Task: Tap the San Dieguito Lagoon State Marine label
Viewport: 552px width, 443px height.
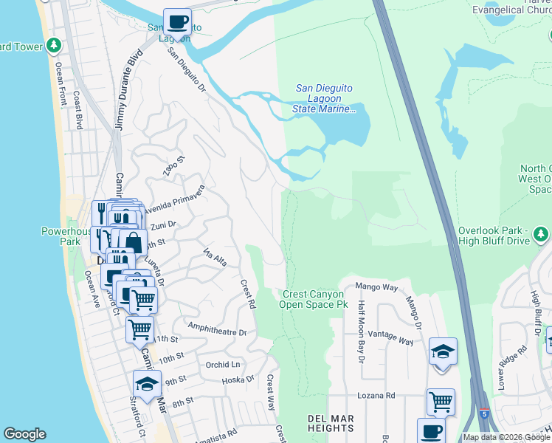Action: (x=324, y=98)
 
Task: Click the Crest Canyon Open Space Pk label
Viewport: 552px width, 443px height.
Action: (x=314, y=299)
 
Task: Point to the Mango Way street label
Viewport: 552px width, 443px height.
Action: (x=376, y=286)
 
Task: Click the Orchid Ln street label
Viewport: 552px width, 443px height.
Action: (x=223, y=365)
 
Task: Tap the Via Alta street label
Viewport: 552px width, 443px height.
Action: (x=214, y=258)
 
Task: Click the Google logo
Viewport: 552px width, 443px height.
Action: (x=24, y=434)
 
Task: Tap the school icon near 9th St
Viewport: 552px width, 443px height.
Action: (x=147, y=384)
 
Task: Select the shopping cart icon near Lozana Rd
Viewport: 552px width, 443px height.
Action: (x=441, y=402)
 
